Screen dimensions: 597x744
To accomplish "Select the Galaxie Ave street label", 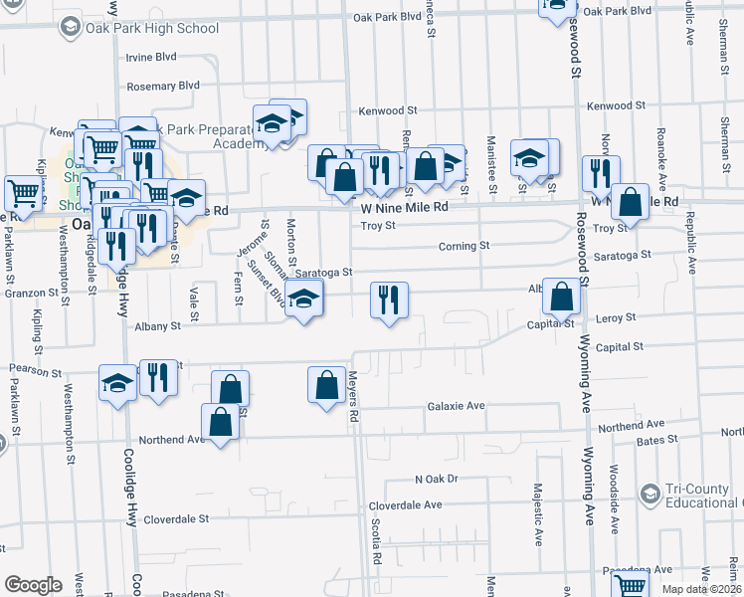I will (x=456, y=406).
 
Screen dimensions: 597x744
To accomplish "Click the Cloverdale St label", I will (x=176, y=518).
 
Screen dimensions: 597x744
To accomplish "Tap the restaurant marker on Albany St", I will (x=388, y=298).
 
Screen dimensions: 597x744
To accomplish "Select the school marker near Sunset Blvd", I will (x=304, y=298).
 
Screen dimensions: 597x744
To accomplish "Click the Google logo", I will (x=33, y=585).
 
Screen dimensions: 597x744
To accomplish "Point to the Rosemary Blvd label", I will (x=165, y=87).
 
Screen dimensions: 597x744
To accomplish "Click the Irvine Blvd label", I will (x=151, y=57).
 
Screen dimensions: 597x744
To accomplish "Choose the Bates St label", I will (x=657, y=439).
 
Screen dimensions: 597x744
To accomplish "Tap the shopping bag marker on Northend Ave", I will (x=221, y=421).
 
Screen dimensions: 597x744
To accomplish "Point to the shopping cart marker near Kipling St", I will (x=23, y=191).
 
